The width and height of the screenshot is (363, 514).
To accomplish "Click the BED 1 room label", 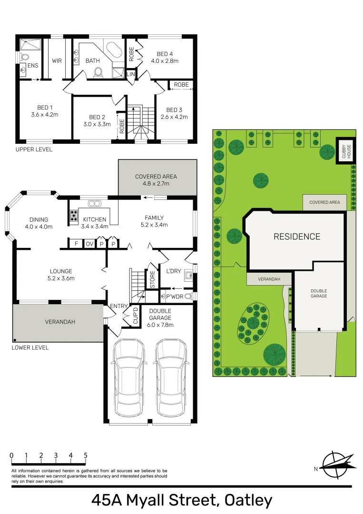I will tap(45, 108).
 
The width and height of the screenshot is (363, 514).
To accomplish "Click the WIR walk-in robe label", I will tap(57, 61).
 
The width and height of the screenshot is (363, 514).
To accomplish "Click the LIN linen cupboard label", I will tap(130, 74).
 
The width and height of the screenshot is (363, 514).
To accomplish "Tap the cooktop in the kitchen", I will tap(74, 216).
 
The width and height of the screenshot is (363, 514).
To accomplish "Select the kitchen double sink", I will tap(94, 204).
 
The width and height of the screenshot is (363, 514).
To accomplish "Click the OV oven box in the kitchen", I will tap(89, 244).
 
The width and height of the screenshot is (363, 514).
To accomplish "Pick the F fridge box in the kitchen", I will tap(76, 244).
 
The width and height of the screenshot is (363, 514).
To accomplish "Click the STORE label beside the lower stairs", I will tap(152, 280).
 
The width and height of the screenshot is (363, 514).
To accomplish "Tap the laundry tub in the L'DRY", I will tap(188, 275).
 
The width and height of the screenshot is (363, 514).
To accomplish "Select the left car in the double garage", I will tap(128, 376).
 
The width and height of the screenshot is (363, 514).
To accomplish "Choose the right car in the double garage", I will tap(170, 376).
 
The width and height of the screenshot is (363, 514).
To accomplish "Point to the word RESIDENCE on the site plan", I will tap(296, 237).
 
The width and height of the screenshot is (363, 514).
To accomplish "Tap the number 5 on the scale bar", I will tap(85, 455).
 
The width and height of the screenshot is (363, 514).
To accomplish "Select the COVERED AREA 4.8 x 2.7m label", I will tap(156, 179).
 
